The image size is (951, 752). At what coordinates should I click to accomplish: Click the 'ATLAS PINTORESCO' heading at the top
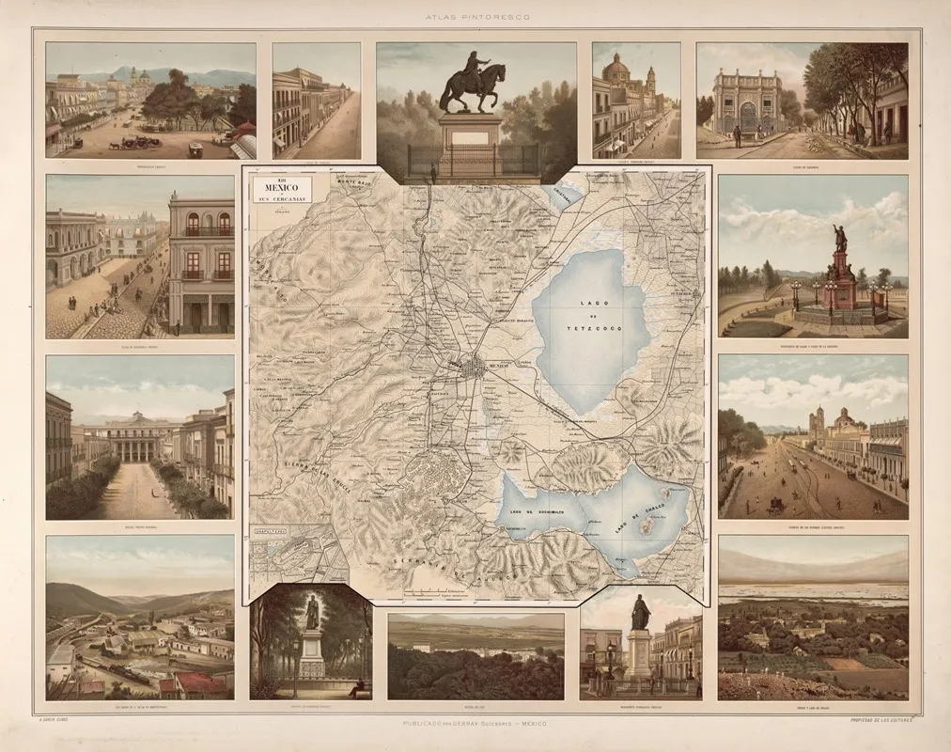(x=475, y=16)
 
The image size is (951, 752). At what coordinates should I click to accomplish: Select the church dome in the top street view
(x=616, y=68)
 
